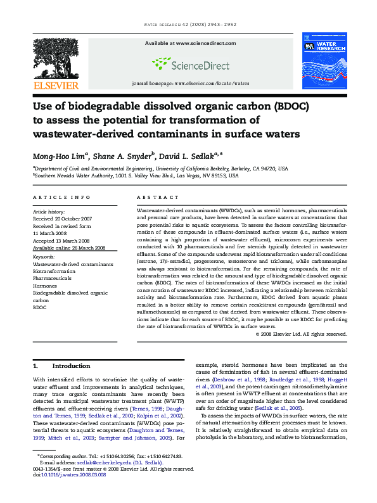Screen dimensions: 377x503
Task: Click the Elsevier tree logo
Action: click(x=55, y=58)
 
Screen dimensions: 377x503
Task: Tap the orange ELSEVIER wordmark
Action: click(x=55, y=86)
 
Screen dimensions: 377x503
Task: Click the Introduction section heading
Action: click(x=71, y=366)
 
